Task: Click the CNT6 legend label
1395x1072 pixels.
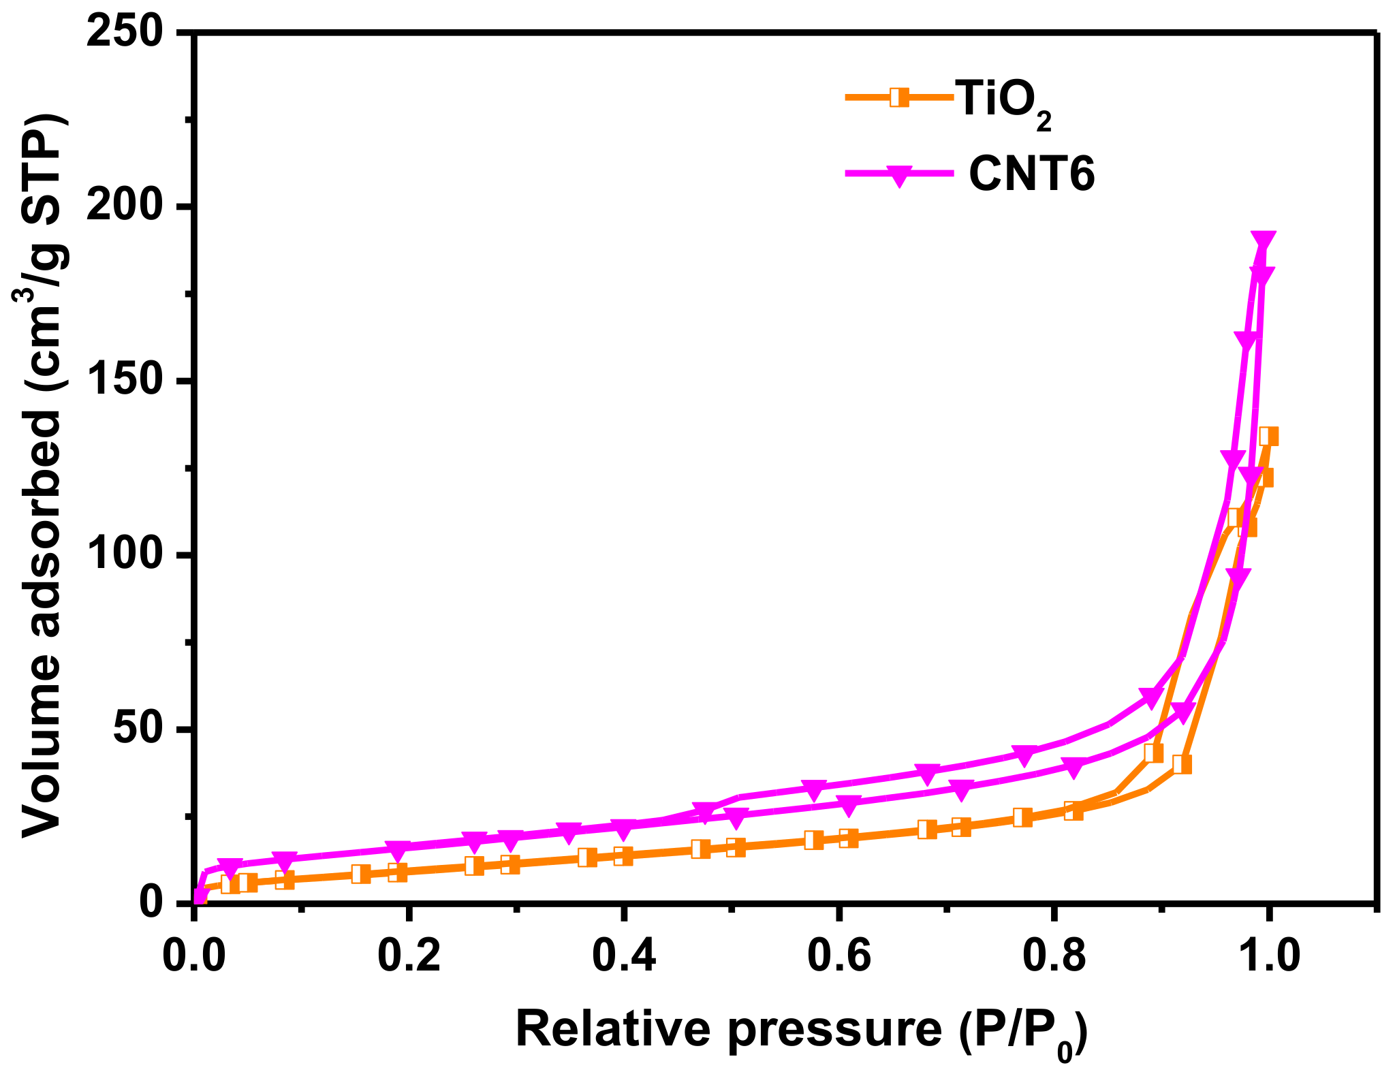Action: tap(1031, 174)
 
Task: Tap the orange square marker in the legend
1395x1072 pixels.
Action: tap(900, 97)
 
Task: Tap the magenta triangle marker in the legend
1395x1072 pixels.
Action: tap(900, 175)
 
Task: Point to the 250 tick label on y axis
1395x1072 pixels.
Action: tap(127, 32)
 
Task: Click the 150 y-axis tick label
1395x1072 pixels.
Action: tap(127, 381)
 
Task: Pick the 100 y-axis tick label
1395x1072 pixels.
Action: tap(127, 555)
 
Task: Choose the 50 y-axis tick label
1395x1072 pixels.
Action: tap(140, 729)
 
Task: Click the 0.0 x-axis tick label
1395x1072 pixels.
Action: tap(195, 956)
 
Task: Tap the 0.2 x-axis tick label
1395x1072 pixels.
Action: tap(409, 956)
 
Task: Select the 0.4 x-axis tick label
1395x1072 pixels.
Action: tap(624, 956)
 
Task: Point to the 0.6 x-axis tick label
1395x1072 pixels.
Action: tap(839, 956)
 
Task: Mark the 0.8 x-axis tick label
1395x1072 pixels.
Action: tap(1054, 956)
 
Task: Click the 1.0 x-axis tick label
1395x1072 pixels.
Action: tap(1268, 956)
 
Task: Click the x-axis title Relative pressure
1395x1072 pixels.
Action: tap(800, 1028)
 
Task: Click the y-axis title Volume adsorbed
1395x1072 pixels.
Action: tap(42, 477)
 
